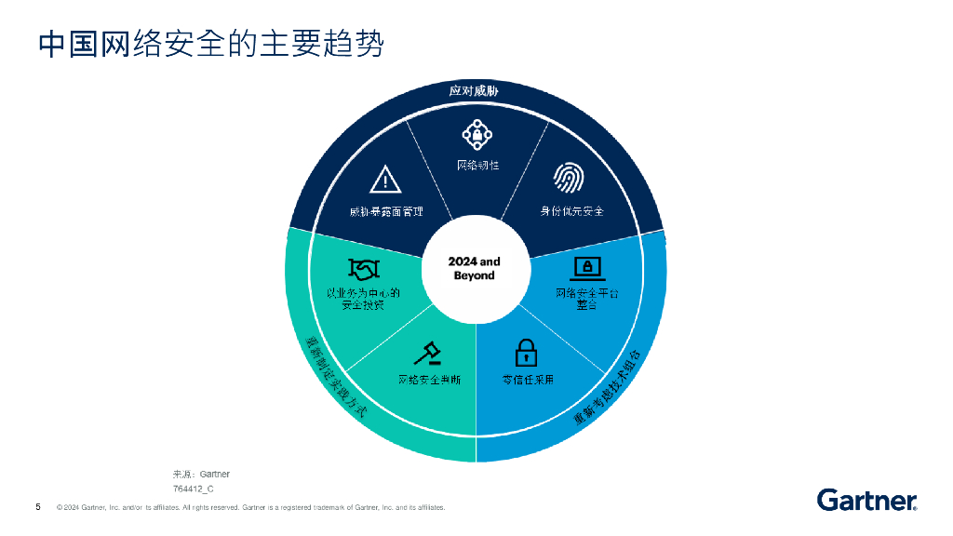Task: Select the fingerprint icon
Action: [569, 177]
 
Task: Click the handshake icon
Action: [363, 268]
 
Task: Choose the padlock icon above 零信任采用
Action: [527, 354]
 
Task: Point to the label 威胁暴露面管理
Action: [386, 211]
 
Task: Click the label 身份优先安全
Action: [572, 210]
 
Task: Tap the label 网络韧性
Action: [477, 165]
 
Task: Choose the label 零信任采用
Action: [528, 380]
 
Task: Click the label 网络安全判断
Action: [430, 380]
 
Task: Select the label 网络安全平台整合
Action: [586, 299]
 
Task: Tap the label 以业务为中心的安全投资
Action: [362, 298]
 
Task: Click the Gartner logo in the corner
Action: [866, 500]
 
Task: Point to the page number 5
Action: [37, 507]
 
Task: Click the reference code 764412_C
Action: [194, 488]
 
